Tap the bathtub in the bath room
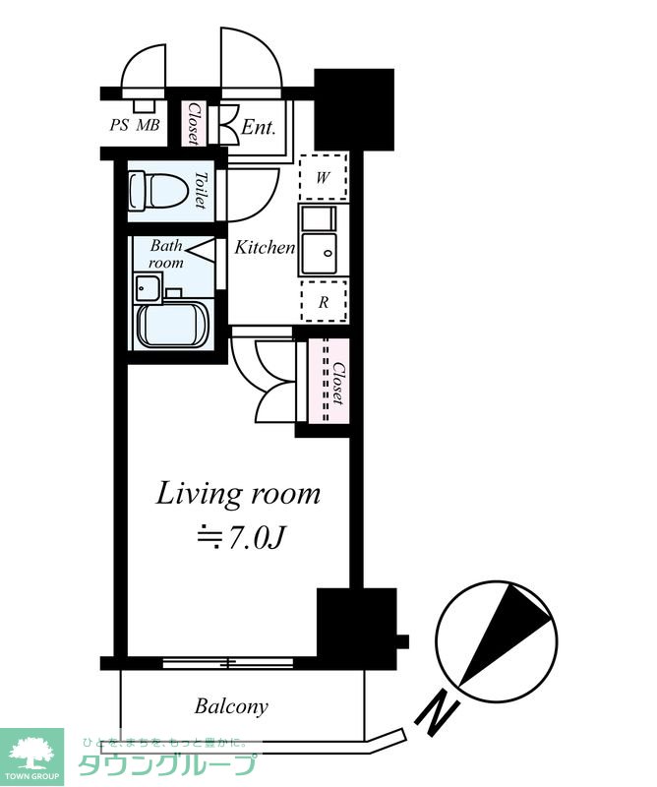pos(173,324)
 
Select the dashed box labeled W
pos(324,177)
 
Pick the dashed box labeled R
pos(324,301)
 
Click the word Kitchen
pos(265,247)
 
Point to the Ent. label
pos(259,127)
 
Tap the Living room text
pos(238,495)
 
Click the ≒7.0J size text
pos(240,538)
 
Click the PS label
pos(119,125)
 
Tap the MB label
pos(149,125)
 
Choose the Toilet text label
pos(201,190)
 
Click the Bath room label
pos(166,254)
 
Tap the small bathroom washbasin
pos(148,288)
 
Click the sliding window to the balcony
pos(228,663)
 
